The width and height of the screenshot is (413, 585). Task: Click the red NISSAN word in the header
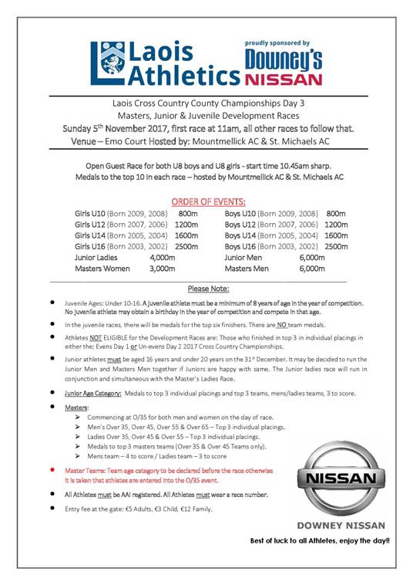pyautogui.click(x=284, y=79)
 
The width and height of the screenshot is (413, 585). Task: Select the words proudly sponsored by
pyautogui.click(x=277, y=43)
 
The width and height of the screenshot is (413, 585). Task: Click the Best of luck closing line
pyautogui.click(x=320, y=540)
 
